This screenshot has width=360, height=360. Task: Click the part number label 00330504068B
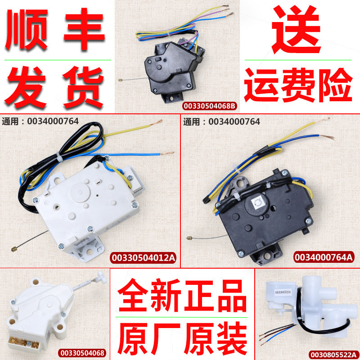point(210,106)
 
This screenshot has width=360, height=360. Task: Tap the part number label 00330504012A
point(144,257)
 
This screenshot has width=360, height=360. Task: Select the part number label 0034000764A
point(324,257)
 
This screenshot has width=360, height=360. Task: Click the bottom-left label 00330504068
point(82,353)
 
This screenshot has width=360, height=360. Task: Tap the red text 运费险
point(298,85)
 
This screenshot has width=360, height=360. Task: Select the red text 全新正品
point(182,296)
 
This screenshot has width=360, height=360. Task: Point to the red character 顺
point(27,29)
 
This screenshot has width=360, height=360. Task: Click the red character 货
point(83,87)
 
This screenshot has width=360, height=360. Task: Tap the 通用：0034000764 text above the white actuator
point(40,121)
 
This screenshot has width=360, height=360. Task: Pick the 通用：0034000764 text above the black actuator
point(221,121)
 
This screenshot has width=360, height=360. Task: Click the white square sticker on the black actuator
point(258,203)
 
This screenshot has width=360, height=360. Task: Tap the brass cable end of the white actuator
point(14,249)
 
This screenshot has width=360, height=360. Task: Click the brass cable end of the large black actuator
point(189,238)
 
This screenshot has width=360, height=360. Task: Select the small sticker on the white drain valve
point(283,292)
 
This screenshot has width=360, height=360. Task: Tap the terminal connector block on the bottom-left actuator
point(22,344)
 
